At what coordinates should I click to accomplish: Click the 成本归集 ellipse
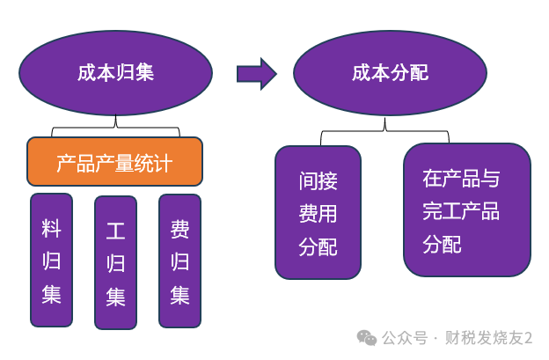[115, 73]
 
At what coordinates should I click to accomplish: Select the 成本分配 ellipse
[390, 73]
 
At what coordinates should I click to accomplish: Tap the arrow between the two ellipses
[256, 74]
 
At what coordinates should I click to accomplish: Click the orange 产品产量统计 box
[114, 162]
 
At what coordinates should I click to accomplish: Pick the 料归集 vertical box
[51, 260]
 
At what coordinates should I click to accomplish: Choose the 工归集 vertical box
[115, 262]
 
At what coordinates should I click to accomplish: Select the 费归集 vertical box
[179, 261]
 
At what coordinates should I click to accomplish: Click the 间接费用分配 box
[318, 213]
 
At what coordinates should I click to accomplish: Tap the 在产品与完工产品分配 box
[466, 209]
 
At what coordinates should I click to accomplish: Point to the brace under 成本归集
[115, 129]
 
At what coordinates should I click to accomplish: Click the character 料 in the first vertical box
[51, 229]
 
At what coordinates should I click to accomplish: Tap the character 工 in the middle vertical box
[115, 231]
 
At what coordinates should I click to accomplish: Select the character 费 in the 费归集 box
[179, 230]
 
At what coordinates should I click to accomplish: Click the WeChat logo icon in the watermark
[366, 338]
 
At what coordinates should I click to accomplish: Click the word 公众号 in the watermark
[405, 338]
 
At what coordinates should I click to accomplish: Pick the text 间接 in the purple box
[318, 181]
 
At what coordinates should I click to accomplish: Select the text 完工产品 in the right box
[460, 211]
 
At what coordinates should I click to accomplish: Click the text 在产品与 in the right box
[460, 180]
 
